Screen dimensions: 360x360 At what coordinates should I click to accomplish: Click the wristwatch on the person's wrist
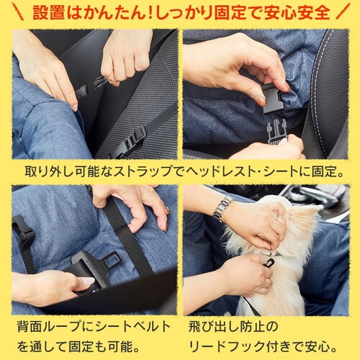222,207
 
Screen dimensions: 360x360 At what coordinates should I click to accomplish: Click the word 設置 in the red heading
49,12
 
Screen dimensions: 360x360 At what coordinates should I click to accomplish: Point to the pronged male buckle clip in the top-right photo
277,132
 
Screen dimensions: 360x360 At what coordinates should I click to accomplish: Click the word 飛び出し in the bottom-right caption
212,327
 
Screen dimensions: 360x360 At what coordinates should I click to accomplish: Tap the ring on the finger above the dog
277,217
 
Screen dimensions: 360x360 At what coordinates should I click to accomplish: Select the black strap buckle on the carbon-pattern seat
132,140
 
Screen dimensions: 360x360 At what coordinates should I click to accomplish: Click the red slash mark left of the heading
18,12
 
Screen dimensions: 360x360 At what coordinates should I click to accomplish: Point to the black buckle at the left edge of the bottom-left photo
22,229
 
